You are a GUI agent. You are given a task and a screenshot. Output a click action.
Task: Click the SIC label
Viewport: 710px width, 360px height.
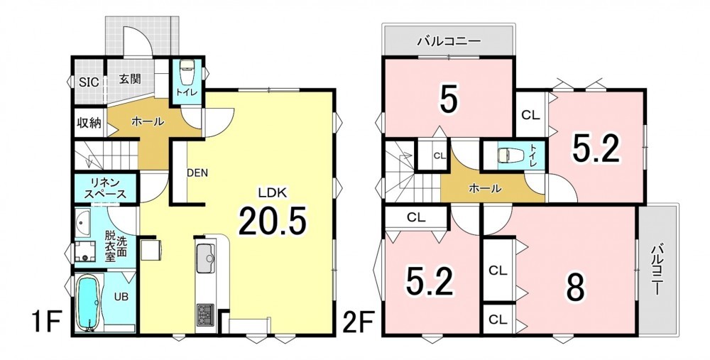click(x=90, y=82)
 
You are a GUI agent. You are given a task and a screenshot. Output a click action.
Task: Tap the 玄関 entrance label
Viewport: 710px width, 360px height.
click(x=130, y=79)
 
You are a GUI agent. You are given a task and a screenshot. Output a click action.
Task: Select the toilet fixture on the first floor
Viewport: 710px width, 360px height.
click(x=187, y=73)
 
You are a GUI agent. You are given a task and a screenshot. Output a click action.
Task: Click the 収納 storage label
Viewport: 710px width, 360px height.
click(x=89, y=122)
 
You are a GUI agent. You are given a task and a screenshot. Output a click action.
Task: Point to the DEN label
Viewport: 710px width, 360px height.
click(x=198, y=173)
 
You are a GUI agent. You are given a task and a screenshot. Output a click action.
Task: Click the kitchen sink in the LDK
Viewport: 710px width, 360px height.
click(x=206, y=258)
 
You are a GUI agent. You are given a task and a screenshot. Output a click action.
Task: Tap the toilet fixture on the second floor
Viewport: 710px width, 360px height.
click(x=507, y=156)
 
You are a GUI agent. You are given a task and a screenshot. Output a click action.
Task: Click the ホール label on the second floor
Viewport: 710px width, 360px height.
click(x=484, y=188)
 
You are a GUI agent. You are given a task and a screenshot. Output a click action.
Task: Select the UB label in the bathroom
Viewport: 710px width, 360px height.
click(x=121, y=297)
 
